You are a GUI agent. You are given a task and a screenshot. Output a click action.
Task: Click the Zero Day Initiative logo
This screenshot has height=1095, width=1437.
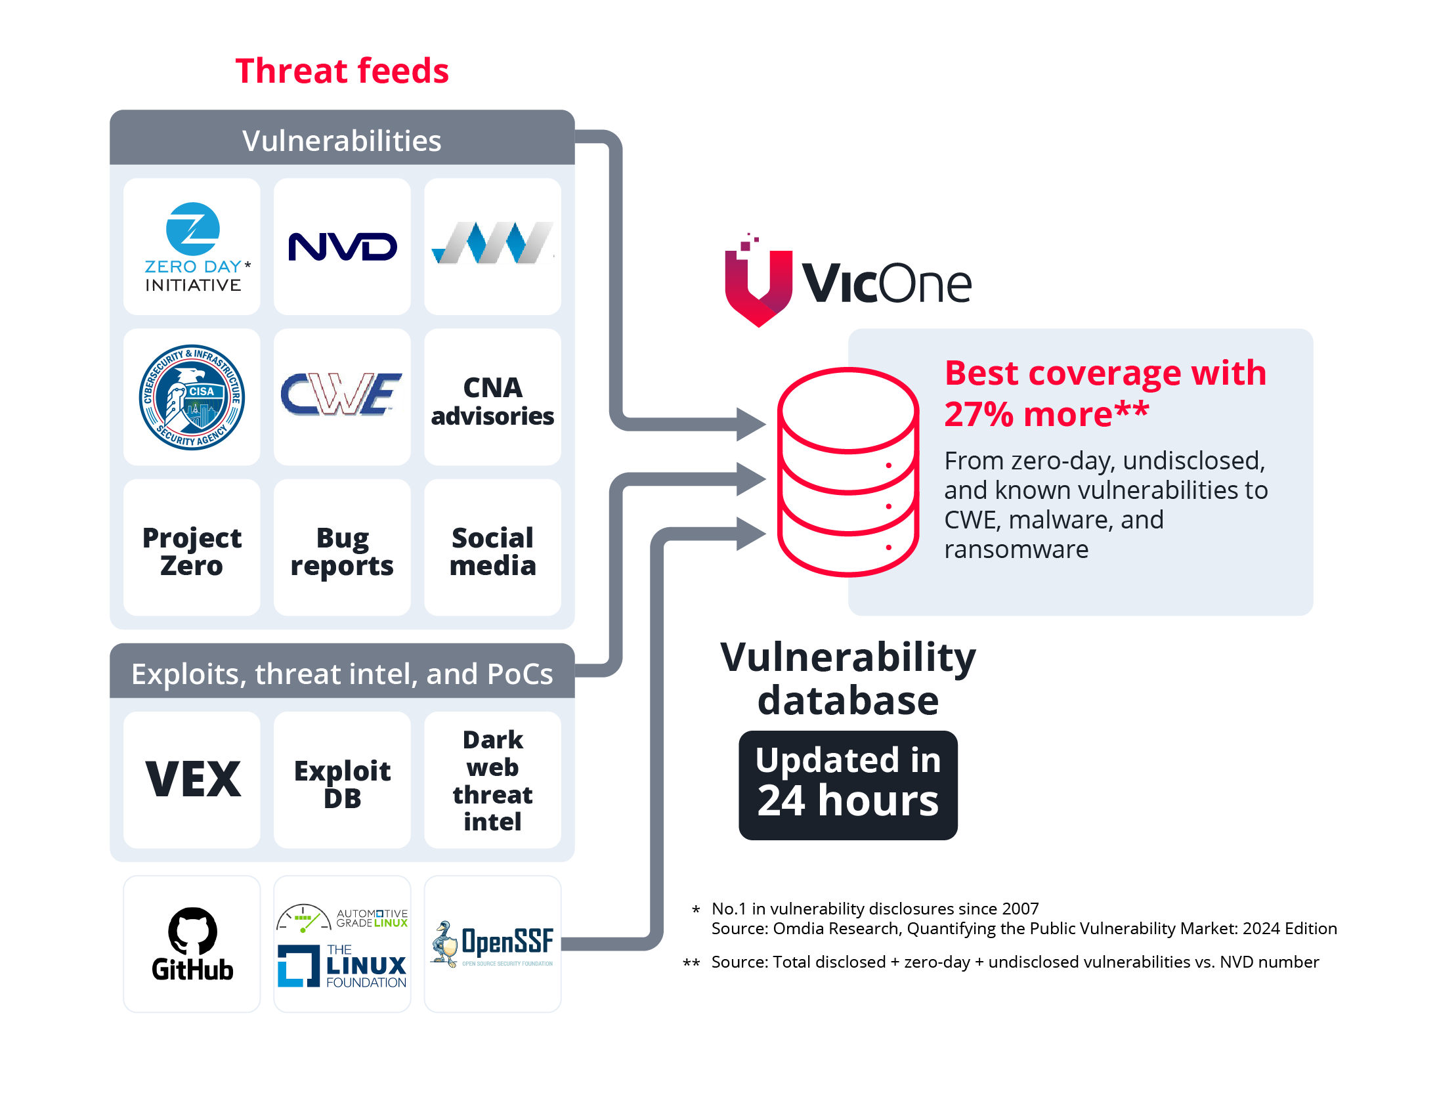tap(192, 246)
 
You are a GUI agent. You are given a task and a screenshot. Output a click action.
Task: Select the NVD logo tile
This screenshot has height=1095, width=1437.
tap(342, 247)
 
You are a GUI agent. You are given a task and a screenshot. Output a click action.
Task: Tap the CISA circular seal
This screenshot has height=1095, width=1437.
tap(192, 397)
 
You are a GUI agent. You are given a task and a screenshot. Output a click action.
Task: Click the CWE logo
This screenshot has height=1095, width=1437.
tap(342, 395)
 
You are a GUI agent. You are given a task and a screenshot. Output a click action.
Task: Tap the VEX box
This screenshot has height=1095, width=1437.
tap(192, 779)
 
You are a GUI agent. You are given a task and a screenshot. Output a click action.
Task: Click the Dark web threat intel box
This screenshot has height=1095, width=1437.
tap(492, 780)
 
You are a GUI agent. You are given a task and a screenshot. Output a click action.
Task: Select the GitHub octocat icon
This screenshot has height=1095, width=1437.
tap(192, 930)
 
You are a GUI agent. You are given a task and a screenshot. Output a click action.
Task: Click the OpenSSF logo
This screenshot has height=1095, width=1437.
tap(492, 943)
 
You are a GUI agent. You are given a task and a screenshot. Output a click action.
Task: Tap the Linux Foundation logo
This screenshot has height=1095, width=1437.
tap(342, 966)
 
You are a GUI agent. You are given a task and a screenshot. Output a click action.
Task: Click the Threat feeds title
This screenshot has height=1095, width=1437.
tap(342, 71)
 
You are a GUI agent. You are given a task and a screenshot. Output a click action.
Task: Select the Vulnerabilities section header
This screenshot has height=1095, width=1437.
tap(342, 140)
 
